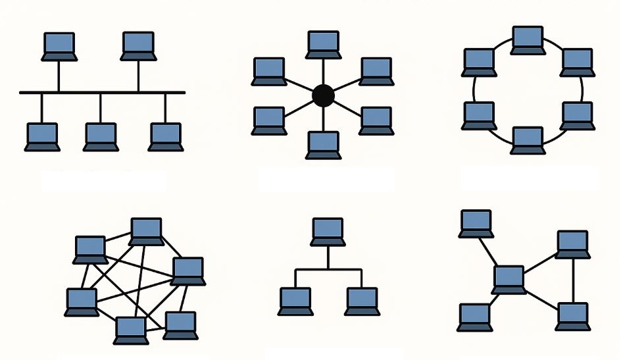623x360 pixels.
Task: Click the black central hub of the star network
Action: tap(322, 96)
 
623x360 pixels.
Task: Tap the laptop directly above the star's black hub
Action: tap(322, 45)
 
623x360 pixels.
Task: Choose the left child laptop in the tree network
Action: tap(295, 301)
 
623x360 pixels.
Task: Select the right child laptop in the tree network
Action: tap(361, 301)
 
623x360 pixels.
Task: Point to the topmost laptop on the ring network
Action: tap(528, 40)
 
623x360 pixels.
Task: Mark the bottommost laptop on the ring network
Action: tap(528, 140)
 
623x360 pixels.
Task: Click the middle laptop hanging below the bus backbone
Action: tap(100, 137)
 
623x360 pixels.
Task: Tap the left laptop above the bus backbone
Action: tap(59, 47)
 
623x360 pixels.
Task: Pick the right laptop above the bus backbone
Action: tap(138, 47)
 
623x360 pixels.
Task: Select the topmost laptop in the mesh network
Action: tap(146, 231)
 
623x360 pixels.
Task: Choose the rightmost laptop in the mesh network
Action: tap(188, 270)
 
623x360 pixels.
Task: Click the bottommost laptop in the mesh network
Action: tap(130, 330)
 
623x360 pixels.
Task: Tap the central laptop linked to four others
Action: tap(509, 279)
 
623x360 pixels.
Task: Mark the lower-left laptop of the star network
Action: tap(269, 121)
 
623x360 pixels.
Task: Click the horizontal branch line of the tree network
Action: tap(328, 269)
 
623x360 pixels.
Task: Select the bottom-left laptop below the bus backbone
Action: tap(42, 137)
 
